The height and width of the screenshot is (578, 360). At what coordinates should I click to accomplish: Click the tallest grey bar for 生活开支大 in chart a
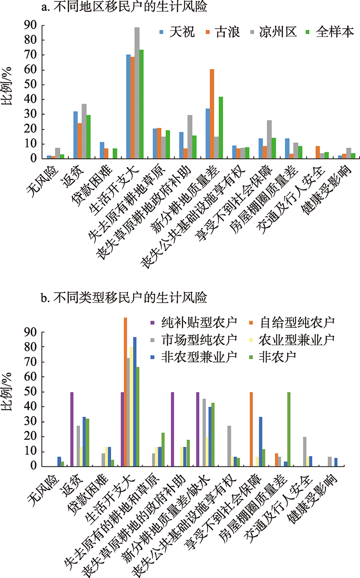pyautogui.click(x=137, y=93)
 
